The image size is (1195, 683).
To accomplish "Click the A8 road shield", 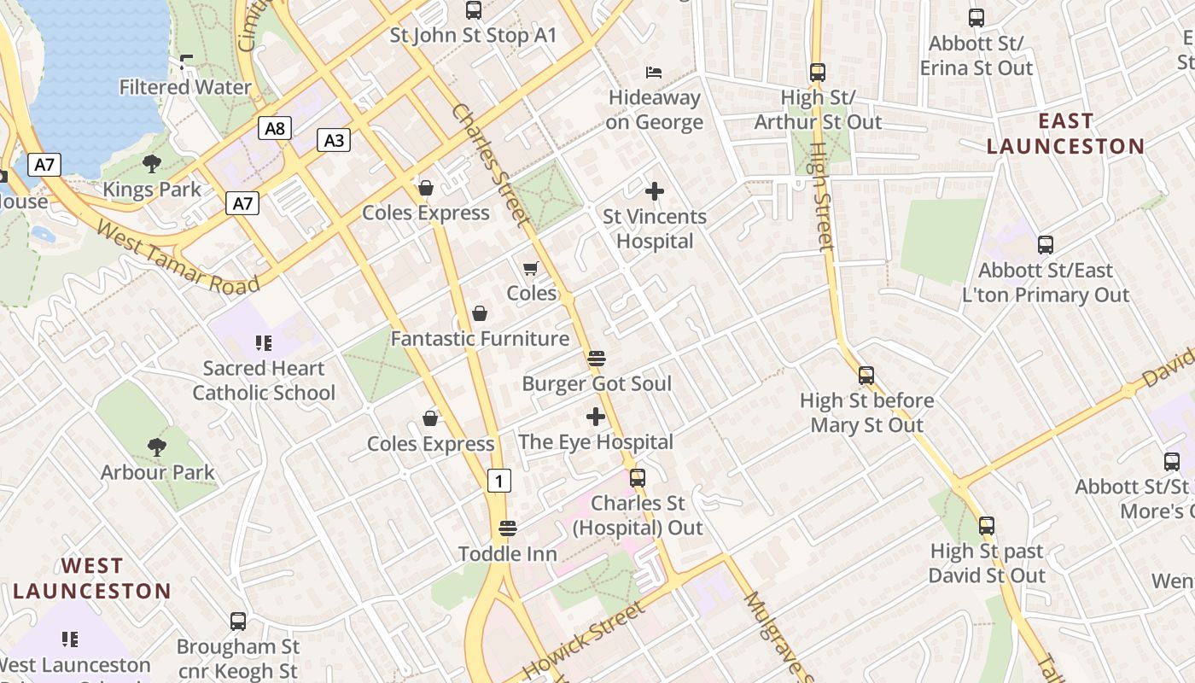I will click(274, 129).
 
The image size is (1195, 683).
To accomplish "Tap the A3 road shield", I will click(334, 140).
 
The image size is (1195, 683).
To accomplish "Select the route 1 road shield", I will click(499, 481).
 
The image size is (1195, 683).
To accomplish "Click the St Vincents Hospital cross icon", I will click(655, 191).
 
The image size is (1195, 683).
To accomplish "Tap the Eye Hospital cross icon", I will click(596, 417).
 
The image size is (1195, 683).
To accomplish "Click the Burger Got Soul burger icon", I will click(596, 358).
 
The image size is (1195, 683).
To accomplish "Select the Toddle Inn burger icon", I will click(508, 528).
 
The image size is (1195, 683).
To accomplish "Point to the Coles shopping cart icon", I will click(530, 268).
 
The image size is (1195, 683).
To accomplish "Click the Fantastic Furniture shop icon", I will click(480, 313).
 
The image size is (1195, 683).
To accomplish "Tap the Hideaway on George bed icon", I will click(654, 72).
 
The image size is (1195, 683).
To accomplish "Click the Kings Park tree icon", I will click(152, 163).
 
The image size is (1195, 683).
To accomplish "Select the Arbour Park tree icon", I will click(157, 447).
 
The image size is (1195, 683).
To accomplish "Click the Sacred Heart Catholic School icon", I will click(263, 343).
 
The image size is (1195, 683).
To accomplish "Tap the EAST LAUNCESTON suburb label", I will click(1065, 134).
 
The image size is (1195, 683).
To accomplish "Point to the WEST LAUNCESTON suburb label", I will click(92, 578).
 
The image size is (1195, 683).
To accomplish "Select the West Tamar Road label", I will click(178, 257).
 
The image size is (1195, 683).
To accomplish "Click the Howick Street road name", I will click(584, 640).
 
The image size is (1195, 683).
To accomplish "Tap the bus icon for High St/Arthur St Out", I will click(818, 73).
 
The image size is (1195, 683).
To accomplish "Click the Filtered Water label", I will click(185, 87).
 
